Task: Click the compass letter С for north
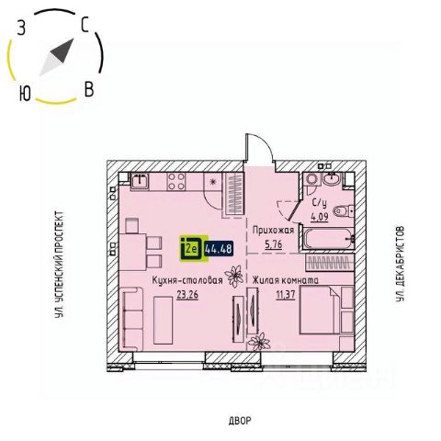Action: (x=85, y=25)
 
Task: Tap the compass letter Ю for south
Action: (x=25, y=93)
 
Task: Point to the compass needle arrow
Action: (x=57, y=57)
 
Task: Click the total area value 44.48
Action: (x=219, y=248)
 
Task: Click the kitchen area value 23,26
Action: (x=187, y=294)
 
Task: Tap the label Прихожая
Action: (x=273, y=230)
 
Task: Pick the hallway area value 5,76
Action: (x=273, y=244)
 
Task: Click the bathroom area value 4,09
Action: (x=320, y=217)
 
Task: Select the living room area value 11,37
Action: (x=286, y=295)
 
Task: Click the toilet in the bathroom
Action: (x=344, y=210)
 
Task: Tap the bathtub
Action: (x=328, y=238)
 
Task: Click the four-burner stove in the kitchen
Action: (x=176, y=181)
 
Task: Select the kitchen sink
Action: (x=140, y=181)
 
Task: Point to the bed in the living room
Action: (x=320, y=310)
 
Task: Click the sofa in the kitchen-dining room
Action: (x=132, y=319)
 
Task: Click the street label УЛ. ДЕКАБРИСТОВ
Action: (x=399, y=264)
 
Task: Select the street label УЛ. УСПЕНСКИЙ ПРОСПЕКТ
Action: (x=60, y=265)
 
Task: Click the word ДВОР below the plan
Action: (x=240, y=421)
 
